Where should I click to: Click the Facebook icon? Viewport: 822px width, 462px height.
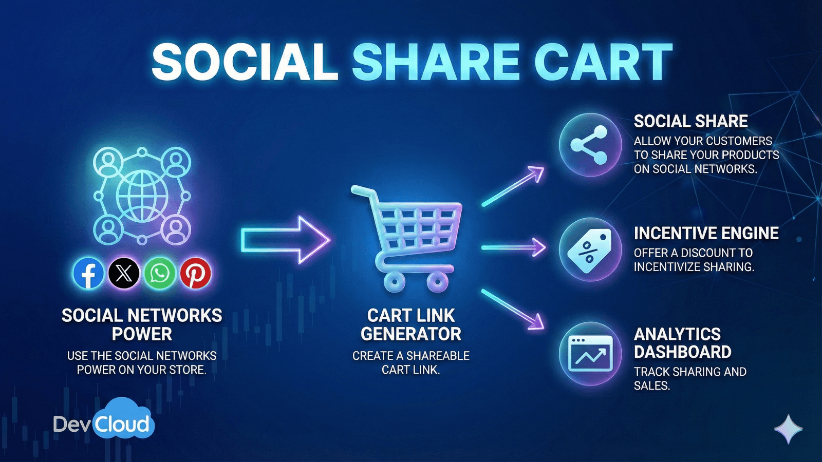pos(88,273)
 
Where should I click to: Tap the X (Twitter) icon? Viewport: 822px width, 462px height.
pos(124,273)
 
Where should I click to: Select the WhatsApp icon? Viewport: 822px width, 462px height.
pos(160,273)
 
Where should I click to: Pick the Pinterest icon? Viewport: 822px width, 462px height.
pos(195,273)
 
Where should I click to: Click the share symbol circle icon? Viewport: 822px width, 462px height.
pos(590,145)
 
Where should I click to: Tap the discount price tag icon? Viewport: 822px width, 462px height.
pos(590,250)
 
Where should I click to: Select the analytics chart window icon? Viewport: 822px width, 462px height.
pos(590,354)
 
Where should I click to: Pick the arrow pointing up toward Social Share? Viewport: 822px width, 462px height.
pos(513,186)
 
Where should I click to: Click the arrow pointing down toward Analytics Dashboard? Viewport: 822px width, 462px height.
pos(513,309)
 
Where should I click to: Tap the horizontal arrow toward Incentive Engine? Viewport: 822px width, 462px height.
pos(513,247)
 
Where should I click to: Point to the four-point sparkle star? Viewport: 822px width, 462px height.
pos(788,429)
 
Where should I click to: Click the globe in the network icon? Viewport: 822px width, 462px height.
pos(142,196)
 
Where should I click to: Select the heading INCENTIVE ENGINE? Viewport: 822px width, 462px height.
pos(706,233)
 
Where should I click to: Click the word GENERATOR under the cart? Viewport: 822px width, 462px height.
pos(411,334)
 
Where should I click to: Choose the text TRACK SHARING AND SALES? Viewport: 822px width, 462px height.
pos(689,378)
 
